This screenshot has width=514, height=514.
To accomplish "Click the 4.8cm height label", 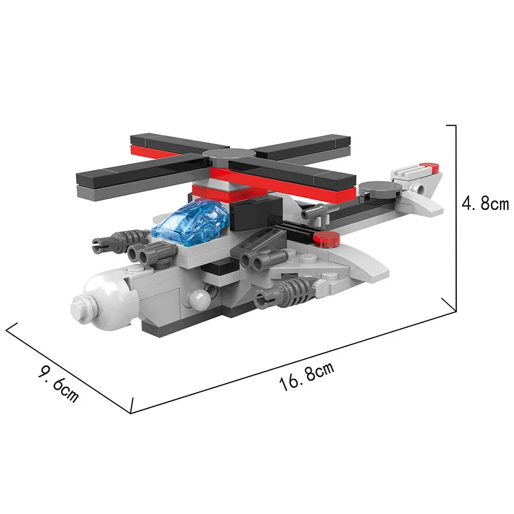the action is click(x=485, y=204).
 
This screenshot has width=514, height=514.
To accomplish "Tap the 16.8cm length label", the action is click(x=307, y=377).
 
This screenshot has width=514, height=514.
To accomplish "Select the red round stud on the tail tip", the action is click(x=430, y=166).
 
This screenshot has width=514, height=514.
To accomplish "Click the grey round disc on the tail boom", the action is click(x=380, y=190).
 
